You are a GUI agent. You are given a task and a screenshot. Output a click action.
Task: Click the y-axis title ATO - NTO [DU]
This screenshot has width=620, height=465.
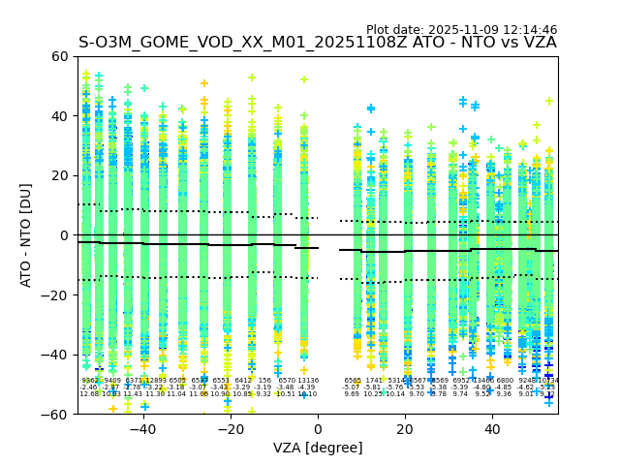pyautogui.click(x=26, y=234)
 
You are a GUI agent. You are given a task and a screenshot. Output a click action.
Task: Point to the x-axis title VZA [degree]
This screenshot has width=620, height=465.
pyautogui.click(x=318, y=448)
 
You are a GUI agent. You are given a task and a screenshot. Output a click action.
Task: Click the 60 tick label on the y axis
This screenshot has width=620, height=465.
pyautogui.click(x=60, y=56)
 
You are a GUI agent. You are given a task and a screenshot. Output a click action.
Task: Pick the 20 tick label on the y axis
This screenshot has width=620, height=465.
pyautogui.click(x=60, y=175)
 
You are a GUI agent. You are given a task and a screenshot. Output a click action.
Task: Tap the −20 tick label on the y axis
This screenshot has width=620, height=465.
pyautogui.click(x=56, y=294)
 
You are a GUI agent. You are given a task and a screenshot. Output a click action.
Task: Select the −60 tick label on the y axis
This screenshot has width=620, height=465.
pyautogui.click(x=56, y=414)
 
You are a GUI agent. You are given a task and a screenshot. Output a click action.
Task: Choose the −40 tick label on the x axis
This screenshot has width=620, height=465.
pyautogui.click(x=142, y=429)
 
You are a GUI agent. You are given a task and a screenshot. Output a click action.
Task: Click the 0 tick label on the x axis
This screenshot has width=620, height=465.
pyautogui.click(x=318, y=429)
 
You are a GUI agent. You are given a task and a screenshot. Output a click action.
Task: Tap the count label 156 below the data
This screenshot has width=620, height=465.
pyautogui.click(x=264, y=381)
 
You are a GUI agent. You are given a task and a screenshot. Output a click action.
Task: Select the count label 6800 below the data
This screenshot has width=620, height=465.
pyautogui.click(x=505, y=381)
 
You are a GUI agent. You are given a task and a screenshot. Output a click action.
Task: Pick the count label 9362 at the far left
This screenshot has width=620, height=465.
pyautogui.click(x=89, y=381)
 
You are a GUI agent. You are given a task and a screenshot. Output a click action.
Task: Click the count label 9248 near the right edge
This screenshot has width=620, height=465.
pyautogui.click(x=528, y=381)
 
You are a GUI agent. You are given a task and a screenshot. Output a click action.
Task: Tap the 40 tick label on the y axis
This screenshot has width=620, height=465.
pyautogui.click(x=60, y=115)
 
